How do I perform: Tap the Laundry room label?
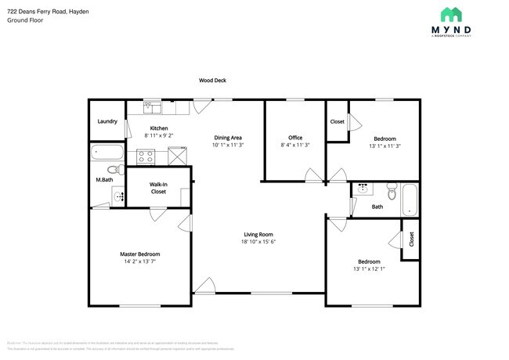pos(107,121)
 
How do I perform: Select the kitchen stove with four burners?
pos(146,156)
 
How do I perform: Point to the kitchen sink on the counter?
pos(153,108)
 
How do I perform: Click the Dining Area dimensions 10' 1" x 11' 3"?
pos(228,145)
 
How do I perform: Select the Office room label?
pos(295,138)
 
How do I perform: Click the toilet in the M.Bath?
pos(112,170)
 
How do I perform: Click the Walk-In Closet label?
pos(158,188)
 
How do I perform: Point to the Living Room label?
pos(258,234)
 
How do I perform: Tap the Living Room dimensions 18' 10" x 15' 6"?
pos(258,242)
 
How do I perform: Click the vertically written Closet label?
pos(411,239)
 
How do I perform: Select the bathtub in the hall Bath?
pos(410,199)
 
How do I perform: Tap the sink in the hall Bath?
pos(363,189)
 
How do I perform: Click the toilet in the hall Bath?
pos(392,189)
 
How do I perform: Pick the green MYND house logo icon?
pos(451,14)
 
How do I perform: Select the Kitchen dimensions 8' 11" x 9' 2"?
pos(159,135)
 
